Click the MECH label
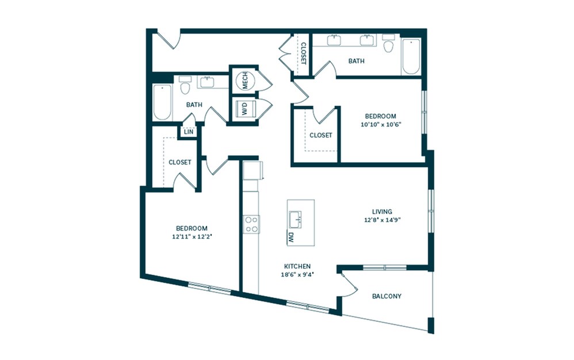244,82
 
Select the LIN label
188,132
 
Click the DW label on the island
290,237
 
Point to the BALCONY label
387,297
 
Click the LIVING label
382,212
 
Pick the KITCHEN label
297,266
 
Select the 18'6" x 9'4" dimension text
297,274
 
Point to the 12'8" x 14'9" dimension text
382,220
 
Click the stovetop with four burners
251,224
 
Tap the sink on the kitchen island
296,217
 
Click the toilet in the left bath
185,87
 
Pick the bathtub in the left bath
162,103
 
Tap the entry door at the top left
169,39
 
